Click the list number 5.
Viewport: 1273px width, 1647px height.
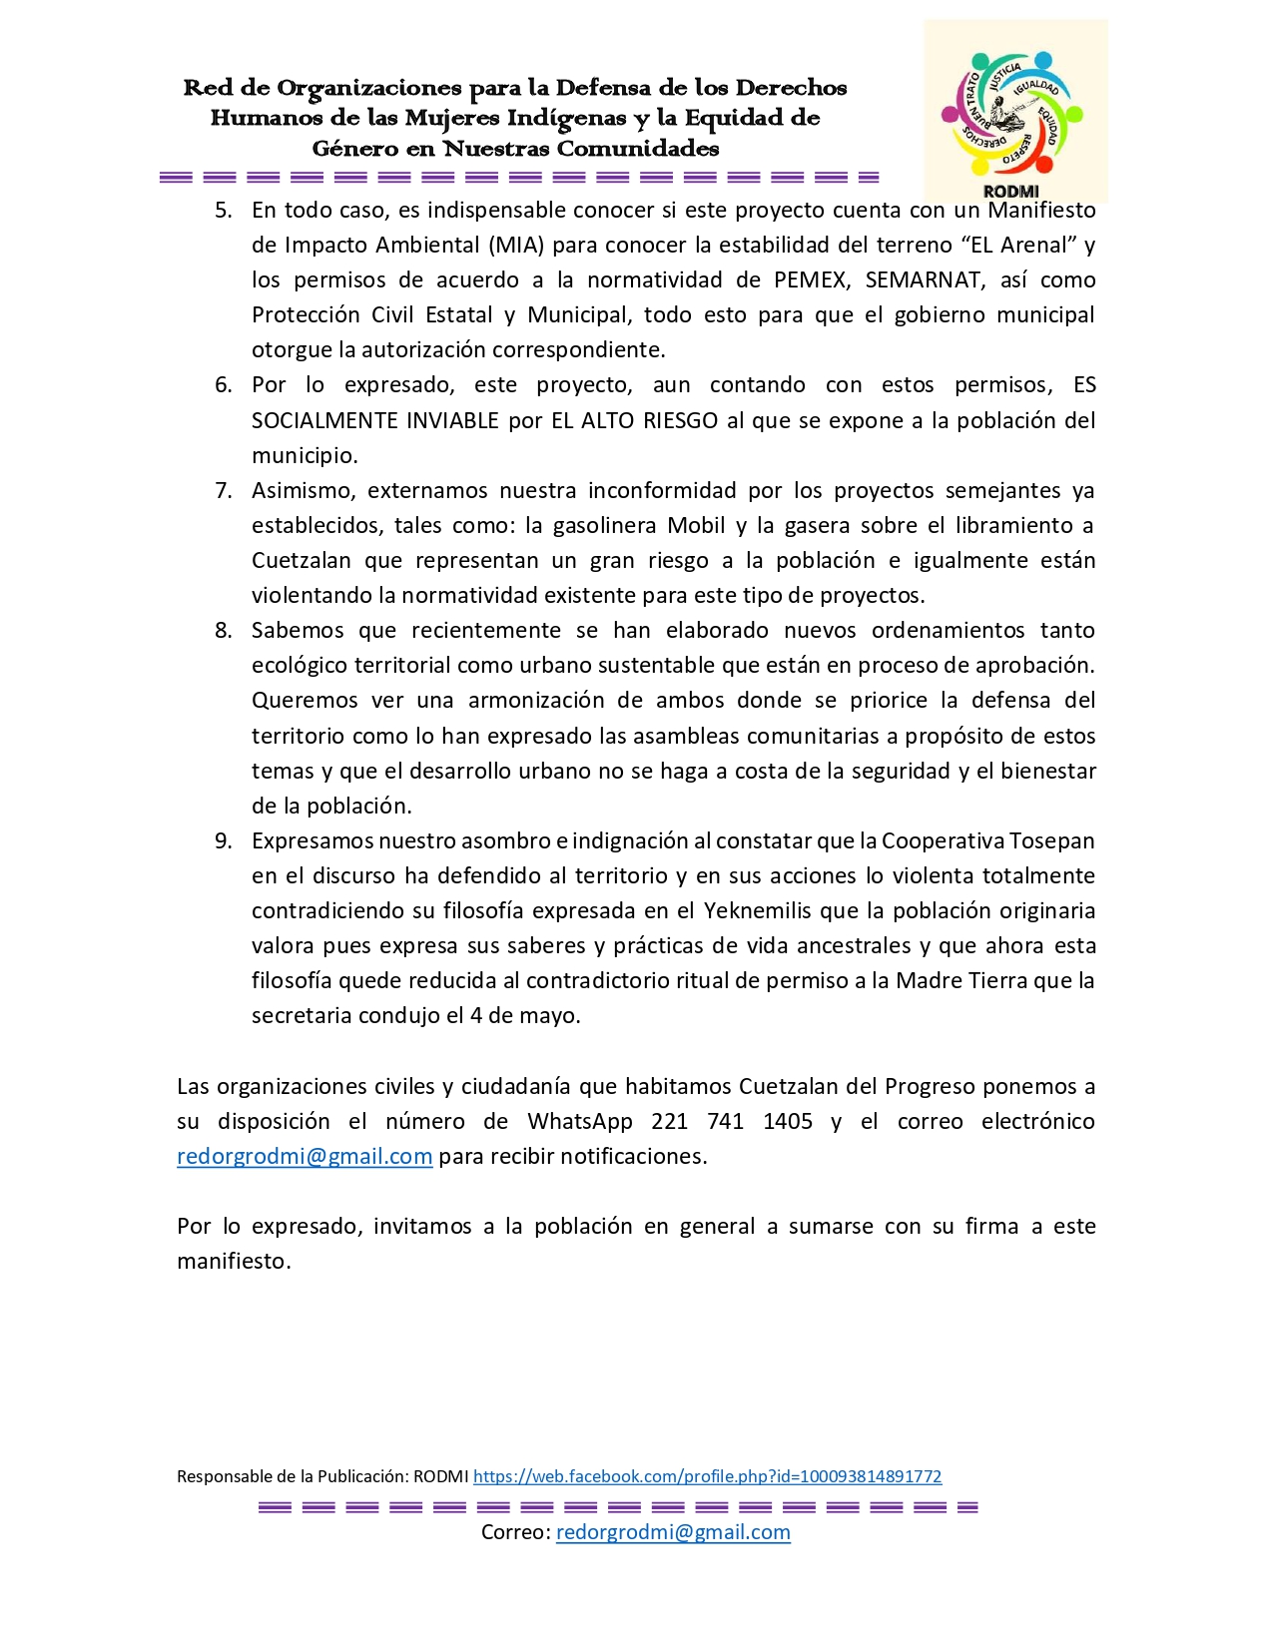[223, 211]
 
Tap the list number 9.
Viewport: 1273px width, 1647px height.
[223, 841]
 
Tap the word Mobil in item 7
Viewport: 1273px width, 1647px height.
[696, 526]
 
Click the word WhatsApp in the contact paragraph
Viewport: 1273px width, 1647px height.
[579, 1122]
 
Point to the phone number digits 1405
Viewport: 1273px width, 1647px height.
[788, 1122]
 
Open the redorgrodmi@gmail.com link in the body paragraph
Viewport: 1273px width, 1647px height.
[305, 1157]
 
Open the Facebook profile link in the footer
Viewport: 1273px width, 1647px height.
[707, 1476]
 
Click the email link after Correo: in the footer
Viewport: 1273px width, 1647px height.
[673, 1532]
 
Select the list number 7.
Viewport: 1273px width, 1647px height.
[223, 491]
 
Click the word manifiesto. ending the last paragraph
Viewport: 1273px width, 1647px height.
[234, 1262]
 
